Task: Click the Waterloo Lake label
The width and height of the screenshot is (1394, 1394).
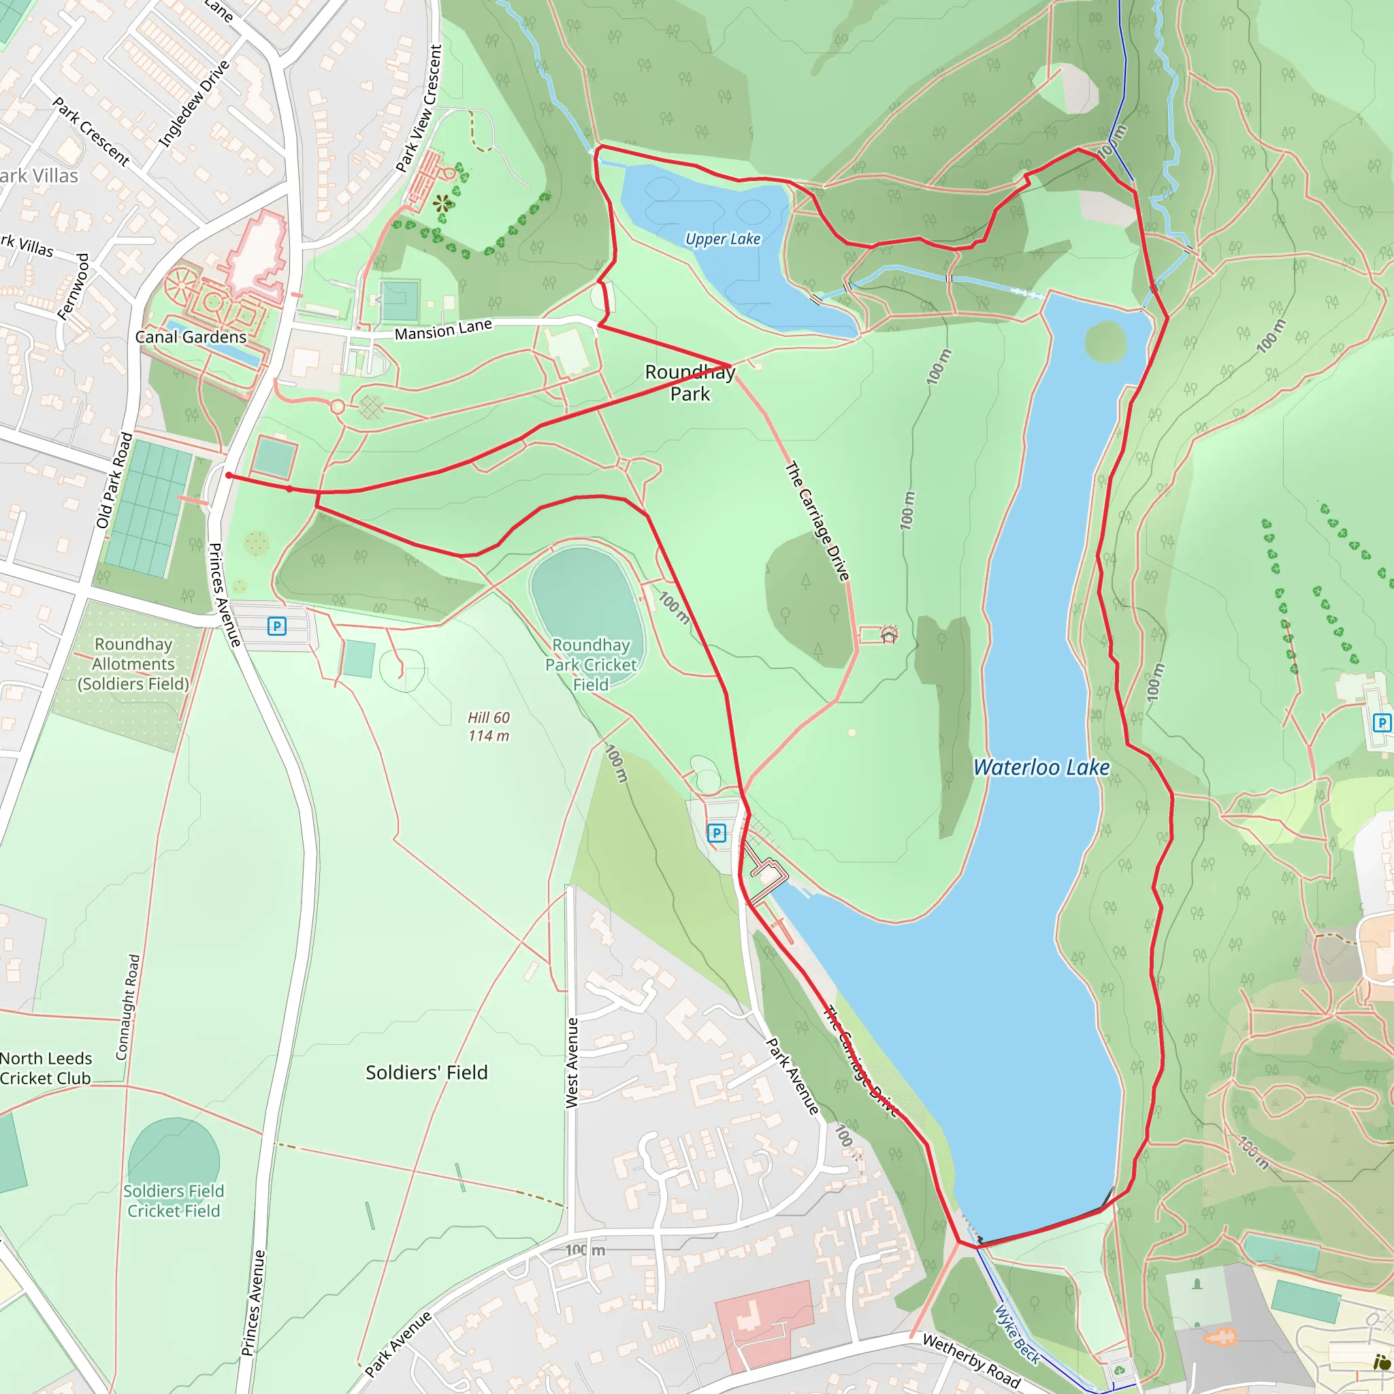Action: click(x=1041, y=767)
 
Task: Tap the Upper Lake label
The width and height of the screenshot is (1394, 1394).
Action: click(x=722, y=239)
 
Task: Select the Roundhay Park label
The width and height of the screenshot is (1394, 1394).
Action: click(x=690, y=383)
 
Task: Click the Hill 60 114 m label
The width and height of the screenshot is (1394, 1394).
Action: click(x=489, y=726)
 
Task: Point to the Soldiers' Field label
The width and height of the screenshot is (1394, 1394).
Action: click(x=426, y=1072)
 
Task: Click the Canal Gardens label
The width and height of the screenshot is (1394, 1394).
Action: click(x=191, y=337)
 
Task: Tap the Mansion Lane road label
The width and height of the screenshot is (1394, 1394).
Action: click(x=443, y=329)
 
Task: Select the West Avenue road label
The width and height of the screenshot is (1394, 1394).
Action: click(x=572, y=1062)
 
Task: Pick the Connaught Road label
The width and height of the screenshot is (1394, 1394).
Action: click(x=127, y=1007)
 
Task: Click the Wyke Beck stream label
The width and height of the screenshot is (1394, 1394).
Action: click(x=1018, y=1335)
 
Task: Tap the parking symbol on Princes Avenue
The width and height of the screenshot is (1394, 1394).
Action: click(x=276, y=626)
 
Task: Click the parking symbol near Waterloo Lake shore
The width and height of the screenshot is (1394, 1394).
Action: click(x=716, y=833)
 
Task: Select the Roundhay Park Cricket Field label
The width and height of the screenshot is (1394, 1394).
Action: click(x=591, y=664)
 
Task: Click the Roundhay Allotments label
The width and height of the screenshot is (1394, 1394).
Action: click(x=133, y=664)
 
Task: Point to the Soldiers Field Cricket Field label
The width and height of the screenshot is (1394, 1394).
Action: click(x=173, y=1201)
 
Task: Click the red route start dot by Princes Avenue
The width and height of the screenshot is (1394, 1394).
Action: click(x=229, y=476)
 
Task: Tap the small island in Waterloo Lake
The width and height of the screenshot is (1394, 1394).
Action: click(x=1105, y=340)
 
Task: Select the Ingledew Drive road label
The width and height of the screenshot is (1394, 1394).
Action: click(x=193, y=104)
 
